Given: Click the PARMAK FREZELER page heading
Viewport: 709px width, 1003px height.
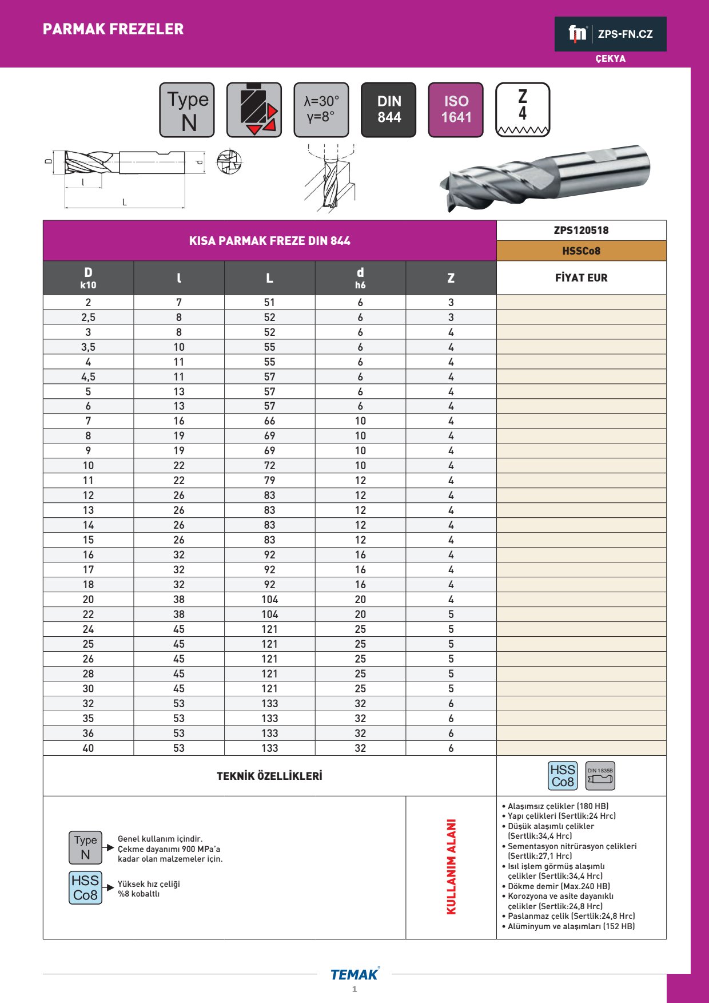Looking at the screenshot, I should pyautogui.click(x=113, y=29).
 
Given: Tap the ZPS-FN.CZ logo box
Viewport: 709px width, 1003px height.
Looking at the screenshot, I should pyautogui.click(x=610, y=34).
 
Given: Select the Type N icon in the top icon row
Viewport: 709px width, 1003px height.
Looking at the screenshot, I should pyautogui.click(x=187, y=110).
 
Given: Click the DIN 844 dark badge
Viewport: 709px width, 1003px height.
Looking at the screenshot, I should pyautogui.click(x=389, y=110).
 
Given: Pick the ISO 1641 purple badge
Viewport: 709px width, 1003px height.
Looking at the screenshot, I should pyautogui.click(x=456, y=110).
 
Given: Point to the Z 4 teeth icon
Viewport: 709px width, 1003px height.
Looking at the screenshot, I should pyautogui.click(x=523, y=110).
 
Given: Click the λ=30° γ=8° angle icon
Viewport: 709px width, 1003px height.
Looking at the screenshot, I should pyautogui.click(x=321, y=110).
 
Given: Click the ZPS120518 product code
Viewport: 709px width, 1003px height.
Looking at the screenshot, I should pyautogui.click(x=581, y=231).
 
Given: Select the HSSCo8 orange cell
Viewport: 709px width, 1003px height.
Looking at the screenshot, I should pyautogui.click(x=581, y=251).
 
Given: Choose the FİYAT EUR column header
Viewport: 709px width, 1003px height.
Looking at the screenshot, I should pyautogui.click(x=581, y=278).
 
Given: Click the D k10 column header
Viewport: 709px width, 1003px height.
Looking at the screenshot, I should pyautogui.click(x=88, y=278).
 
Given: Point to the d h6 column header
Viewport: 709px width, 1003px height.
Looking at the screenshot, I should pyautogui.click(x=360, y=278).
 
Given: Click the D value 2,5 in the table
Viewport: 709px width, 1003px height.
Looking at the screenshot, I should pyautogui.click(x=88, y=318).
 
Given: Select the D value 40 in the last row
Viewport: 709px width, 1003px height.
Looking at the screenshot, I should pyautogui.click(x=88, y=748).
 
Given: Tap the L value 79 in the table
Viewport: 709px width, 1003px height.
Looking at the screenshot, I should pyautogui.click(x=269, y=481).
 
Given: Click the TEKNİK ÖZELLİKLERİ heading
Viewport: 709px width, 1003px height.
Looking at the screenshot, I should pyautogui.click(x=269, y=776).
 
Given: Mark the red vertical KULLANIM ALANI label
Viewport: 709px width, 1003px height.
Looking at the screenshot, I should pyautogui.click(x=451, y=867).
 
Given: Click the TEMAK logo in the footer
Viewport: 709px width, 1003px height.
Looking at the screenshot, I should pyautogui.click(x=354, y=974).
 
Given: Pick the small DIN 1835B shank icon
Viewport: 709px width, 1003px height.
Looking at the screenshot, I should pyautogui.click(x=600, y=776).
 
